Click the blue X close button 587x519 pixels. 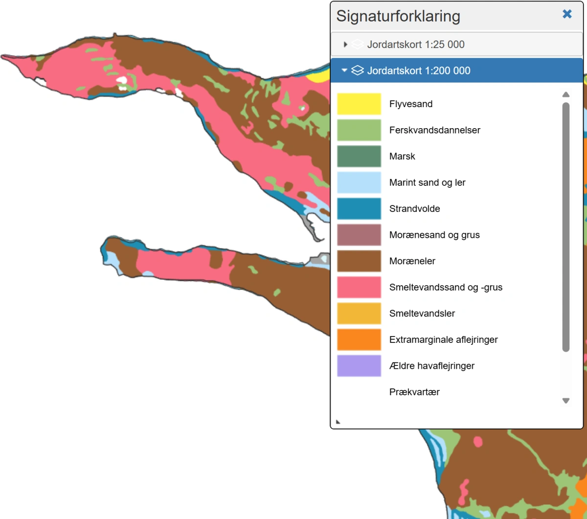tap(567, 14)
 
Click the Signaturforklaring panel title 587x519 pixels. tap(398, 16)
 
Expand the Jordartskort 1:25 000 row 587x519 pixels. tap(345, 45)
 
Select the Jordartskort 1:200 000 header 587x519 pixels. tap(419, 70)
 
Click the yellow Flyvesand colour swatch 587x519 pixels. tap(359, 104)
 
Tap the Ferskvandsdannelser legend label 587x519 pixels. tap(434, 130)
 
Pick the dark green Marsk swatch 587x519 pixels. tap(359, 157)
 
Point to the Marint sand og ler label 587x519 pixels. tap(427, 182)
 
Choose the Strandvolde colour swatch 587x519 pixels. tap(359, 209)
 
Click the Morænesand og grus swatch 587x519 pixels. tap(359, 235)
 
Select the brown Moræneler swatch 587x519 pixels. tap(359, 261)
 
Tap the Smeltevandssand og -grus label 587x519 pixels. tap(446, 287)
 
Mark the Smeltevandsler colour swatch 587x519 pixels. tap(359, 314)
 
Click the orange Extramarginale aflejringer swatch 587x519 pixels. tap(359, 339)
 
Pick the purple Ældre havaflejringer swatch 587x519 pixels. tap(359, 366)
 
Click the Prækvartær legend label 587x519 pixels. tap(414, 392)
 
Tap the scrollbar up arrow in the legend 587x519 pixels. tap(566, 94)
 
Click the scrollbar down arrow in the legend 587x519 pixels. tap(566, 401)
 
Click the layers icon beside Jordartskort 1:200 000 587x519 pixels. tap(358, 70)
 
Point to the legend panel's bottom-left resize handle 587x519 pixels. tap(338, 421)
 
